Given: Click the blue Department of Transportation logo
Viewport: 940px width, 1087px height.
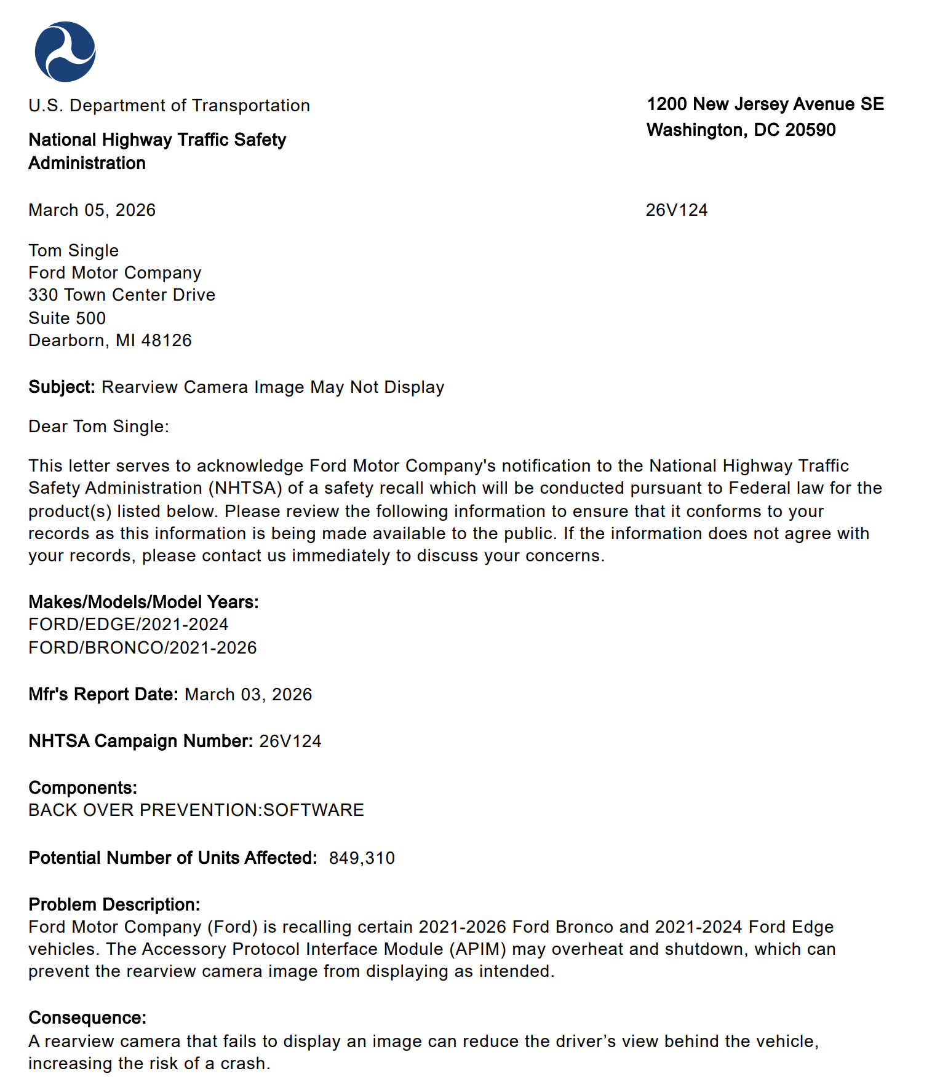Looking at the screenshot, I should [x=65, y=52].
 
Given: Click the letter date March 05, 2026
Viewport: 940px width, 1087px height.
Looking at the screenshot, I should [x=92, y=210].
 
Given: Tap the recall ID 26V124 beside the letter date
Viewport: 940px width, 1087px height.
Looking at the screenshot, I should [x=676, y=210].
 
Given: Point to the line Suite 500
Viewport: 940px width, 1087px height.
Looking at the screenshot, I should [x=67, y=318].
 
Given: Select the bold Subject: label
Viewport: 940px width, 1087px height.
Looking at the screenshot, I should [x=62, y=387].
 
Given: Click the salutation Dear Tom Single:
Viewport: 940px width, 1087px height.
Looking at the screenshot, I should [x=98, y=427].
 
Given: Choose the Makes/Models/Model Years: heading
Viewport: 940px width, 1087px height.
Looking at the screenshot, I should [x=143, y=602].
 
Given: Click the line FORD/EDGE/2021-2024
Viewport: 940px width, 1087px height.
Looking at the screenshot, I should [x=128, y=625].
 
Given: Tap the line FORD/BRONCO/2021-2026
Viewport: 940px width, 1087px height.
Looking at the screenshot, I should [x=142, y=648].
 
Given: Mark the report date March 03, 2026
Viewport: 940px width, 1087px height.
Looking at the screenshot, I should [x=248, y=695].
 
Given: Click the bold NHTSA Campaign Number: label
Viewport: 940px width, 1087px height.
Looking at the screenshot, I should [x=140, y=741].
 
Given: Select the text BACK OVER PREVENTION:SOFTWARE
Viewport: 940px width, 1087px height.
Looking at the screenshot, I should [x=196, y=810].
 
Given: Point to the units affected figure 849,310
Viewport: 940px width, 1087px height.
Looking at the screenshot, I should [x=362, y=858].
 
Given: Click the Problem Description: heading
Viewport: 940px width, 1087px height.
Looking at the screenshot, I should [x=114, y=905].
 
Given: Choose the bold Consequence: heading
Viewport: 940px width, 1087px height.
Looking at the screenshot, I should [x=87, y=1018].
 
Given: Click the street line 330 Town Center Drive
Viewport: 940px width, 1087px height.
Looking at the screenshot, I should [x=121, y=295].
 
